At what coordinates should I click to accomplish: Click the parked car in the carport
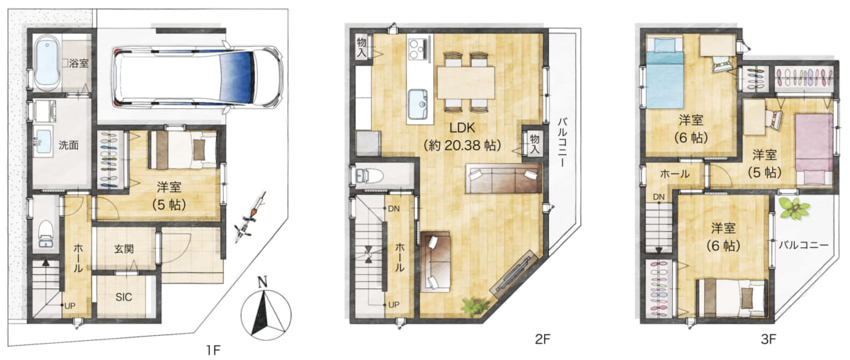[198, 77]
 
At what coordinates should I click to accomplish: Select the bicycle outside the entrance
[250, 218]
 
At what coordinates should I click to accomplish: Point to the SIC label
[124, 297]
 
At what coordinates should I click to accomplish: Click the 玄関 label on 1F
[124, 249]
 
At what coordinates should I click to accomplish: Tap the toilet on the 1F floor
[46, 233]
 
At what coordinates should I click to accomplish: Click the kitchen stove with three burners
[419, 49]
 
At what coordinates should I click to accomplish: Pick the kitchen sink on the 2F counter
[419, 103]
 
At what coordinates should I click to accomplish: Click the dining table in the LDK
[466, 83]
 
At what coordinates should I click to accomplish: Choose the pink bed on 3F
[815, 150]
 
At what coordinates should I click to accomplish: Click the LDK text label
[462, 128]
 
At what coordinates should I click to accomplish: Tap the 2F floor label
[543, 339]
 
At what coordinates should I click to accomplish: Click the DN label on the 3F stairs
[659, 197]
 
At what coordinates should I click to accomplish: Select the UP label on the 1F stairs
[70, 305]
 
